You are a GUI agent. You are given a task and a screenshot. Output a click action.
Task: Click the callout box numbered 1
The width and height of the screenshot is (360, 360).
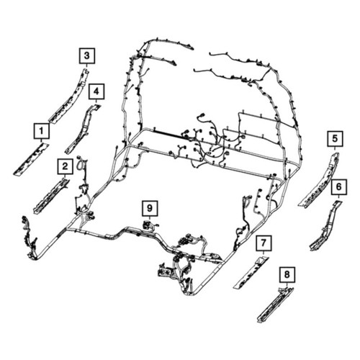[x=42, y=131]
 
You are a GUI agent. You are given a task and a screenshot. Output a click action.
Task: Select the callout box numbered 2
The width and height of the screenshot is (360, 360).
[x=65, y=166]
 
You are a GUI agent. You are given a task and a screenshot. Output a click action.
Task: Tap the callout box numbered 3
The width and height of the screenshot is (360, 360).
[x=87, y=56]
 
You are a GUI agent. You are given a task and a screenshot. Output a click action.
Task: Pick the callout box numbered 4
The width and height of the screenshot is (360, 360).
[x=96, y=91]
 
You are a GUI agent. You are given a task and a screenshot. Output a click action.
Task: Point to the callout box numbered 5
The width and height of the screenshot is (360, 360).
[x=335, y=138]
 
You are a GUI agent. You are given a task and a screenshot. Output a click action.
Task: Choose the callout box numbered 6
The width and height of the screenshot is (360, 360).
[x=338, y=186]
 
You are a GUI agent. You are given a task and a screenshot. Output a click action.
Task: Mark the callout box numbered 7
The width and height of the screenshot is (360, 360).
[x=264, y=243]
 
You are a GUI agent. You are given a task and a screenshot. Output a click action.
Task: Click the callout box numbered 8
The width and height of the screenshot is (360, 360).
[x=287, y=274]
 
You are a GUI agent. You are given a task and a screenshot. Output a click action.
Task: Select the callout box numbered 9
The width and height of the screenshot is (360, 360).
[x=150, y=208]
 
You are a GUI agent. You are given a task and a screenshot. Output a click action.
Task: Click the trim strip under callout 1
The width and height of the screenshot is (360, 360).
[x=31, y=159]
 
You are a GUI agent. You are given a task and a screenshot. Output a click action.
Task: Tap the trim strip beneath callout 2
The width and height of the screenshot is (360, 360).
[x=51, y=196]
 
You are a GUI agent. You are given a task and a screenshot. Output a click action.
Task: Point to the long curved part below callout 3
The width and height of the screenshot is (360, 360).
[x=70, y=96]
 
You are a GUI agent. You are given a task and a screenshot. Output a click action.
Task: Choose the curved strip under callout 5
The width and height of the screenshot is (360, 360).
[x=319, y=179]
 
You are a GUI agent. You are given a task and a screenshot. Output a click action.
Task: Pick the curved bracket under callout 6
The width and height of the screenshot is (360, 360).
[x=326, y=225]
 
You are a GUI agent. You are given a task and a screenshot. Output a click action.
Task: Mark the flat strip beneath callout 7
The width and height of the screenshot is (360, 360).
[x=251, y=272]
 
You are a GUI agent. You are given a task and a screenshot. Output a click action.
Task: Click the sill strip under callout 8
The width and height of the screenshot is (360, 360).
[x=275, y=305]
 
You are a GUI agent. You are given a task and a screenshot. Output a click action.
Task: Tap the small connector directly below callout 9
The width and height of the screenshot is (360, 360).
[x=149, y=225]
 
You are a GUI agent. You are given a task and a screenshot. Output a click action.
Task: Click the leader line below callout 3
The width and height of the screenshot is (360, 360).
[x=87, y=66]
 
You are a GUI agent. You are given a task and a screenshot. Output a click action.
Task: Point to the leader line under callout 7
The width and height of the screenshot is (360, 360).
[x=264, y=253]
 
